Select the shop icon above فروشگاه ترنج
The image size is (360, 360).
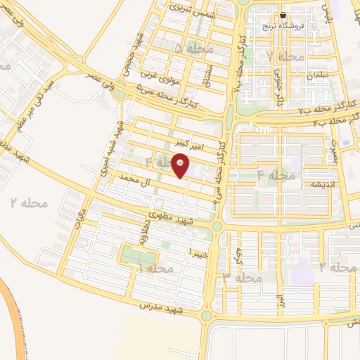tap(283, 15)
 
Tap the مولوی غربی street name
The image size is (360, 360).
tap(160, 70)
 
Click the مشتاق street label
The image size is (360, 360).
tap(210, 70)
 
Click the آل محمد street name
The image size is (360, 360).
tap(136, 182)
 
